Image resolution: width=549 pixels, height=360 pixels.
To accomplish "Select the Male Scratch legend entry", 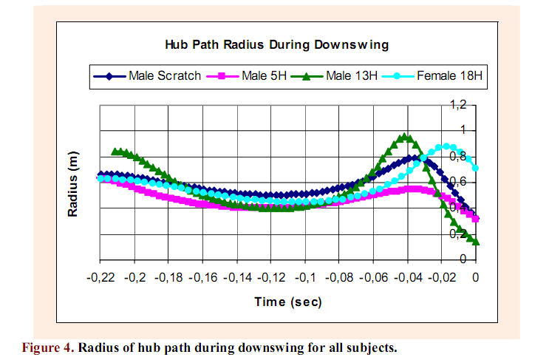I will click(x=148, y=75).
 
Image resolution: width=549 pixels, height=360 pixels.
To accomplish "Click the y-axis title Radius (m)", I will click(x=74, y=191).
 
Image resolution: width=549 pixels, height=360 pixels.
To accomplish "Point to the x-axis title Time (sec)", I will click(x=288, y=302).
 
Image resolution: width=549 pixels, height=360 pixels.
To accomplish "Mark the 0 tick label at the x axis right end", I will click(x=477, y=278).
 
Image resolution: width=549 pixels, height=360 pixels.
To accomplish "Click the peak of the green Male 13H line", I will click(x=404, y=137).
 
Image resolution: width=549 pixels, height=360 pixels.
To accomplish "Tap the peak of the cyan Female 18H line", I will click(x=446, y=146).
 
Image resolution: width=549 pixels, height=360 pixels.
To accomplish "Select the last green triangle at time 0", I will click(x=475, y=241).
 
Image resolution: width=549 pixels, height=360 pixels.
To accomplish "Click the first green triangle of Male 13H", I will click(x=115, y=152).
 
